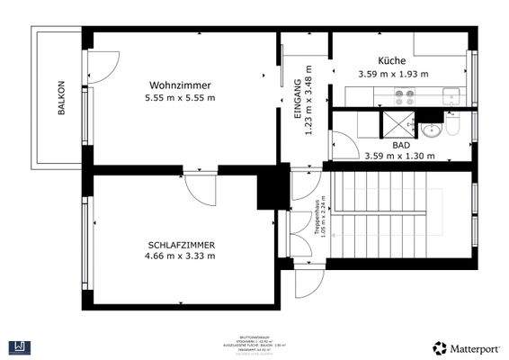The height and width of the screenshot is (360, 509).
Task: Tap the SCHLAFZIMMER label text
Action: (x=181, y=244)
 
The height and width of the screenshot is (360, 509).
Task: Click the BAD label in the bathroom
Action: (x=401, y=144)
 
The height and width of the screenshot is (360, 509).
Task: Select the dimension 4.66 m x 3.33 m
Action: (x=181, y=256)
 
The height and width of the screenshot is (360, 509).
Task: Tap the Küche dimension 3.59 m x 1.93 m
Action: (x=393, y=74)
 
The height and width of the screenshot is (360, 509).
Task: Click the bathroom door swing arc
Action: (x=343, y=147)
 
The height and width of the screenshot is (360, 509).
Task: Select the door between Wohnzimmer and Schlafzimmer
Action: (x=200, y=187)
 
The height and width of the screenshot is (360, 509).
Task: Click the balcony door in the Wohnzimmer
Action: (x=101, y=65)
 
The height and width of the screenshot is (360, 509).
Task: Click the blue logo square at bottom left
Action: (x=18, y=346)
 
